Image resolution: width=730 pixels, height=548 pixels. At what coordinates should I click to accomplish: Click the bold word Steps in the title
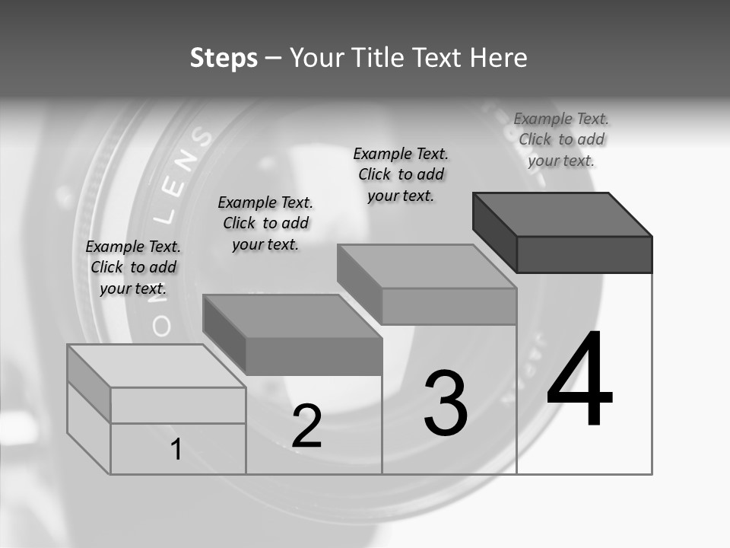[x=224, y=58]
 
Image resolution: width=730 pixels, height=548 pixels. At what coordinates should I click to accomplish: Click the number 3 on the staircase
[x=446, y=403]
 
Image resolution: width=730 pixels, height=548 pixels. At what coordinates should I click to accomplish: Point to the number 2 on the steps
[x=307, y=426]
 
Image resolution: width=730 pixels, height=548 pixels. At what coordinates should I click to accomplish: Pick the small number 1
[x=176, y=449]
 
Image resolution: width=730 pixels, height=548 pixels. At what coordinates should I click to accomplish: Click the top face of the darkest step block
[x=563, y=214]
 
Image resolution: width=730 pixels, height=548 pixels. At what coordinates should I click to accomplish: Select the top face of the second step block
[x=293, y=316]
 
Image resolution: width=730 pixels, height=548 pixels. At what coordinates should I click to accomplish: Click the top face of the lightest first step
[x=157, y=365]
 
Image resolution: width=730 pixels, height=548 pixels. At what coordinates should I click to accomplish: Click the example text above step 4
[x=561, y=139]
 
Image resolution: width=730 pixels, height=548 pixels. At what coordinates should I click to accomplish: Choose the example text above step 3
[x=401, y=174]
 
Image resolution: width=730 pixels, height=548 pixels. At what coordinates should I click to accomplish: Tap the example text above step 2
[x=265, y=223]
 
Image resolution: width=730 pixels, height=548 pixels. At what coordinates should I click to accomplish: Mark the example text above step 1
[x=133, y=267]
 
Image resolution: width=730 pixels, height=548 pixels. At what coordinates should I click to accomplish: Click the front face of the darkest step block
[x=584, y=254]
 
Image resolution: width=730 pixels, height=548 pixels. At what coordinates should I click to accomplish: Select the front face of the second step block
[x=313, y=356]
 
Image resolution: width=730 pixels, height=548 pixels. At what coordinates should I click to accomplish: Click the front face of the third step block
[x=449, y=306]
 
